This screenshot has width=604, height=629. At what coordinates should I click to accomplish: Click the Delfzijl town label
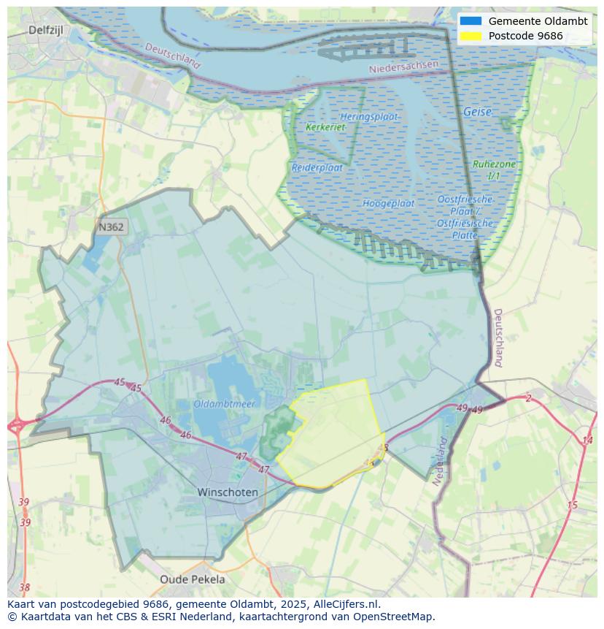pos(47,30)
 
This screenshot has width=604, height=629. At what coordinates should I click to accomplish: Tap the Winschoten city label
pos(228,492)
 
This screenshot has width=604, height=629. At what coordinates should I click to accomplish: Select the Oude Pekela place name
pos(193,579)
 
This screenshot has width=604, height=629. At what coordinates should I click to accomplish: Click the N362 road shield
pos(111,227)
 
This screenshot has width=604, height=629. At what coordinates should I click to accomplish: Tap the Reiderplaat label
pos(317,167)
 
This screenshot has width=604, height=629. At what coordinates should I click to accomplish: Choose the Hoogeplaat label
pos(388,203)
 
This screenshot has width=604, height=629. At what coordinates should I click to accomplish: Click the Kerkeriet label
pos(325,127)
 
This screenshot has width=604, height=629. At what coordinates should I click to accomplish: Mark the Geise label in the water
pos(477,113)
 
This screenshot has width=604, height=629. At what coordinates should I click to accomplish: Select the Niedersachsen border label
pos(404,66)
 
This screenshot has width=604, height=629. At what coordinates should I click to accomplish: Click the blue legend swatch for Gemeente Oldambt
pos(471,21)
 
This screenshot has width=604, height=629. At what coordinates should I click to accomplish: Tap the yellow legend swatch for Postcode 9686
pos(471,36)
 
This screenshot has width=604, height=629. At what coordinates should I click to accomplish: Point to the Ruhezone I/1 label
pos(494,170)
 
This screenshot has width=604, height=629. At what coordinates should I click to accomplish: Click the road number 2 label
pos(528,398)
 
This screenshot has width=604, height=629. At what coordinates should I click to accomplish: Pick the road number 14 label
pos(587,440)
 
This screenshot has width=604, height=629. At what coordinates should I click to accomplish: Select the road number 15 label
pos(572,505)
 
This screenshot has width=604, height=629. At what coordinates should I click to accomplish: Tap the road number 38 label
pos(25,587)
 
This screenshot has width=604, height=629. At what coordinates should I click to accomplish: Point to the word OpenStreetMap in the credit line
pos(395,617)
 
